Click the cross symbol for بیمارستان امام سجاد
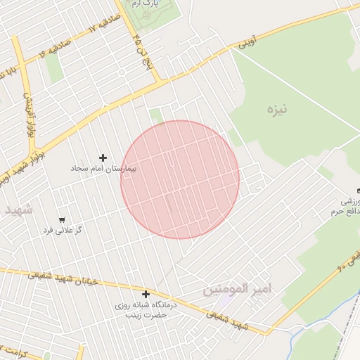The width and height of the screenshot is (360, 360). tap(103, 157)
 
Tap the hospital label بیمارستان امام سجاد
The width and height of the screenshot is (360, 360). tap(104, 169)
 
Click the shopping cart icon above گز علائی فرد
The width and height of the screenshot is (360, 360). tap(63, 220)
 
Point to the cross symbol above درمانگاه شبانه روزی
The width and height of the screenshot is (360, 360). tap(146, 295)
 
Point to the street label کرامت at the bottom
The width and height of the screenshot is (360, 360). tap(14, 351)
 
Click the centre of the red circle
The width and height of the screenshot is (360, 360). tap(180, 179)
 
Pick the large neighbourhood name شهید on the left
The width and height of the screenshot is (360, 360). tap(18, 210)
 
